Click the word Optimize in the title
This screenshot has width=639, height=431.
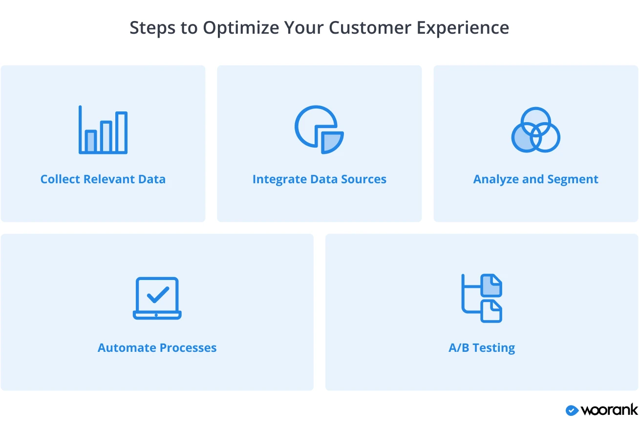[x=241, y=28]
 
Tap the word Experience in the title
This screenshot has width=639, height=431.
[x=463, y=28]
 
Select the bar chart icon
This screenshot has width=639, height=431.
[x=103, y=130]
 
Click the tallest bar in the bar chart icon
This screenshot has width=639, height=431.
[x=121, y=131]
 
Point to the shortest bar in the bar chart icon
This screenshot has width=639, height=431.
[x=91, y=141]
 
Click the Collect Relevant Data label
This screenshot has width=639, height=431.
[x=103, y=179]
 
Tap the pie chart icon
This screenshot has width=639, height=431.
[x=319, y=129]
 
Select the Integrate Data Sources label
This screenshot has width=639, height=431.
[x=319, y=179]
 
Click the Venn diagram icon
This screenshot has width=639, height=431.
[x=536, y=130]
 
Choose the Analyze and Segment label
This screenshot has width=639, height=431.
[x=536, y=179]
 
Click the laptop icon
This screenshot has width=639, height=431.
[x=157, y=298]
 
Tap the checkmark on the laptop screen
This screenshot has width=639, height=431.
[x=158, y=294]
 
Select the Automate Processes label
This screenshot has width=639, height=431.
[x=157, y=347]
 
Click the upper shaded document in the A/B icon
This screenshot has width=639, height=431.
[x=491, y=285]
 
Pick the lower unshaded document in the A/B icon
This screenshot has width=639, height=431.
[x=491, y=311]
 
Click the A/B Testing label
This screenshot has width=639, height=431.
[x=482, y=348]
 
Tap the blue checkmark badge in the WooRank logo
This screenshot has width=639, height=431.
[x=572, y=410]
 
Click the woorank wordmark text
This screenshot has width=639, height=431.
[x=609, y=410]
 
